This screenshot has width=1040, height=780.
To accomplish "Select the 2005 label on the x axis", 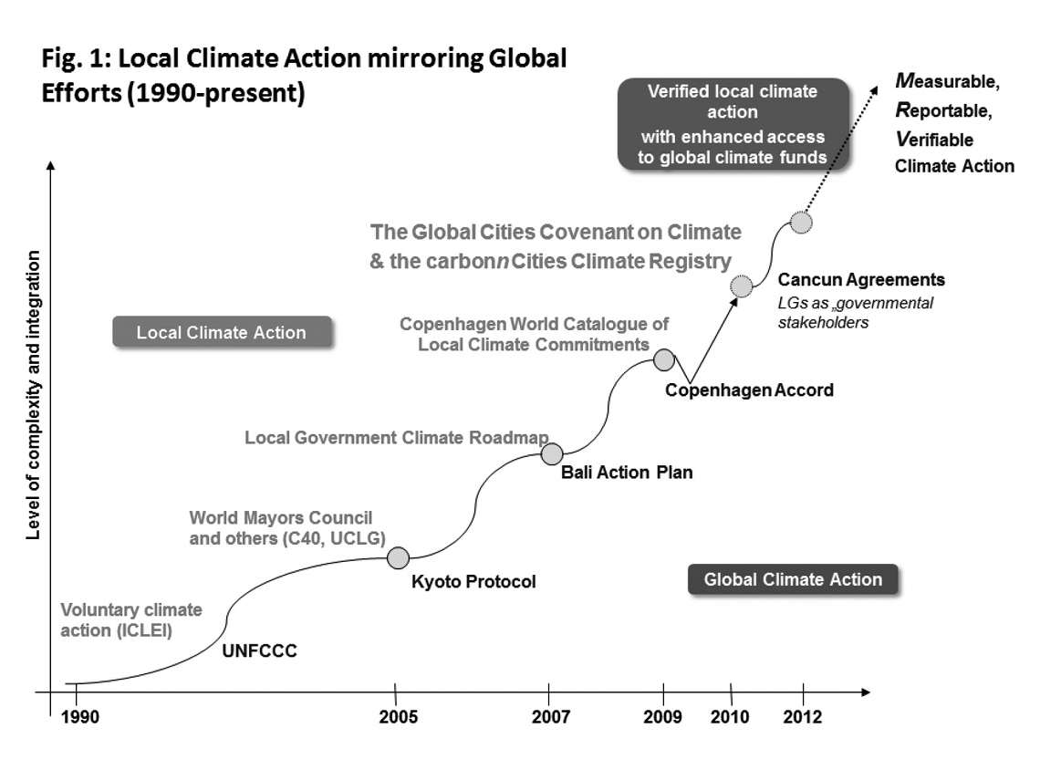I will [399, 717].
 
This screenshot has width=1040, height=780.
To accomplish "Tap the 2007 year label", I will [550, 717].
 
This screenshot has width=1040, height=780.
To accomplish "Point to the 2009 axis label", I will [662, 717].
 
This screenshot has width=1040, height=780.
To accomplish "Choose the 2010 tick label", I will [731, 717].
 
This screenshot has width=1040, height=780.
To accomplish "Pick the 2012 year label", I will [803, 717].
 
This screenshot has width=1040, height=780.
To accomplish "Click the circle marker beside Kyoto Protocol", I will [398, 557].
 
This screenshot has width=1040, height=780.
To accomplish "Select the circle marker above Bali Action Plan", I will [551, 453].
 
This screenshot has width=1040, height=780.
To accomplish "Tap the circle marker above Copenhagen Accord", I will [663, 359].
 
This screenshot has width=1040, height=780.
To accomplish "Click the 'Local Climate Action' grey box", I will [221, 332].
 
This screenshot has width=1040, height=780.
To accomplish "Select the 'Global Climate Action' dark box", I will [793, 579].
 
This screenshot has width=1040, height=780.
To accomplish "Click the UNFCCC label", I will [260, 651].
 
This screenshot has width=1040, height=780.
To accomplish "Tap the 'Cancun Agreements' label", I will [861, 279].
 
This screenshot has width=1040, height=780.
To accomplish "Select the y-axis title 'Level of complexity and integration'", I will [33, 393].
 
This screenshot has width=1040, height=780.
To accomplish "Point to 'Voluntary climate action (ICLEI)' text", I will [131, 619].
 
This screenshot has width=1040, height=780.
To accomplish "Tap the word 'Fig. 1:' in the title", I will [77, 60].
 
